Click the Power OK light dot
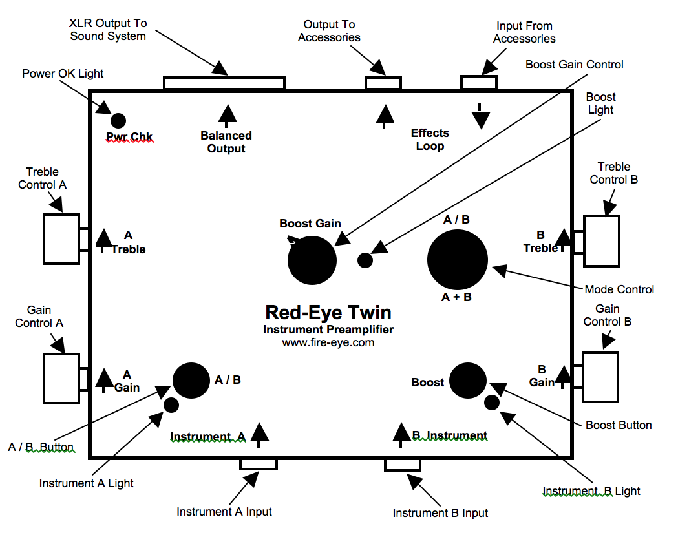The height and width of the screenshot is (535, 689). click(x=118, y=120)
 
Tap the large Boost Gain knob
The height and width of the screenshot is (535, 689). click(x=312, y=260)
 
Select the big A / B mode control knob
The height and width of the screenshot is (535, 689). click(x=458, y=260)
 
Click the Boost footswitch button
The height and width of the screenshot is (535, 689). click(x=468, y=381)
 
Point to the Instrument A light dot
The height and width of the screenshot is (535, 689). click(x=171, y=405)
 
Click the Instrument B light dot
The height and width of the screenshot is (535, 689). click(x=492, y=403)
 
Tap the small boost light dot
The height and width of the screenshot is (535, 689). click(x=365, y=260)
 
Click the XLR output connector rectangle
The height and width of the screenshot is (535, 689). click(x=224, y=83)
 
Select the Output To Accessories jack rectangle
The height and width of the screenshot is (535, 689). click(x=383, y=83)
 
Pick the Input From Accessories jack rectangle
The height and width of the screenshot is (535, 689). click(x=479, y=82)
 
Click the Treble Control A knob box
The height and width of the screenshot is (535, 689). click(x=61, y=239)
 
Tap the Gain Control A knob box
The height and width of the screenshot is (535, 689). click(x=61, y=378)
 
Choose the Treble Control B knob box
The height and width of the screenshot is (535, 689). click(x=602, y=241)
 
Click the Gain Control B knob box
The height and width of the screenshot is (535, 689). click(x=600, y=377)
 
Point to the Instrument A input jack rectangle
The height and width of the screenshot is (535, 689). click(x=259, y=465)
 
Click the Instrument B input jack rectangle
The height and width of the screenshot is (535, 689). click(x=403, y=465)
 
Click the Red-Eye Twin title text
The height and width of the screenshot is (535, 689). click(x=328, y=313)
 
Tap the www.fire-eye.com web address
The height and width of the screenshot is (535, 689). click(x=328, y=342)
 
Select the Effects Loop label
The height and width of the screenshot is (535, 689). click(x=430, y=139)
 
